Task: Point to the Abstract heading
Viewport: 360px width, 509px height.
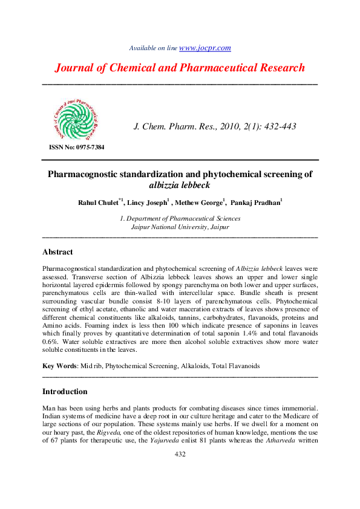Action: point(57,251)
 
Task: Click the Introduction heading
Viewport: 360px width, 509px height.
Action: point(65,391)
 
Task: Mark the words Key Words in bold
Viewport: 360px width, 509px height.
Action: point(59,366)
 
